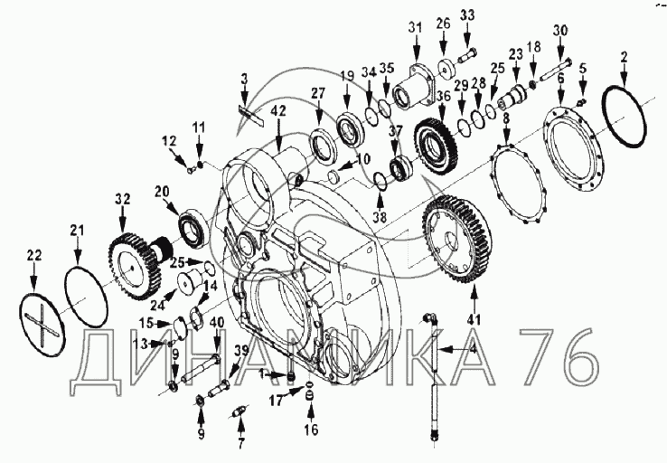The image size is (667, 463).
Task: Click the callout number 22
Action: pyautogui.click(x=34, y=255)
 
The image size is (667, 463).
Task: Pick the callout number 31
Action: pyautogui.click(x=415, y=28)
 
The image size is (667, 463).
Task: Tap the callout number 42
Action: pyautogui.click(x=278, y=110)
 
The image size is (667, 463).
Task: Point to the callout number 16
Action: pyautogui.click(x=312, y=430)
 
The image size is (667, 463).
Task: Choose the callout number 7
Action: pyautogui.click(x=240, y=443)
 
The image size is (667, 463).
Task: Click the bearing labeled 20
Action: pyautogui.click(x=194, y=225)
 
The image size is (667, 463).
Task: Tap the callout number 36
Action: pyautogui.click(x=443, y=97)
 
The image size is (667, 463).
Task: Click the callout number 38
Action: pyautogui.click(x=380, y=217)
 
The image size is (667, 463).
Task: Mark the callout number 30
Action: pyautogui.click(x=560, y=31)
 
